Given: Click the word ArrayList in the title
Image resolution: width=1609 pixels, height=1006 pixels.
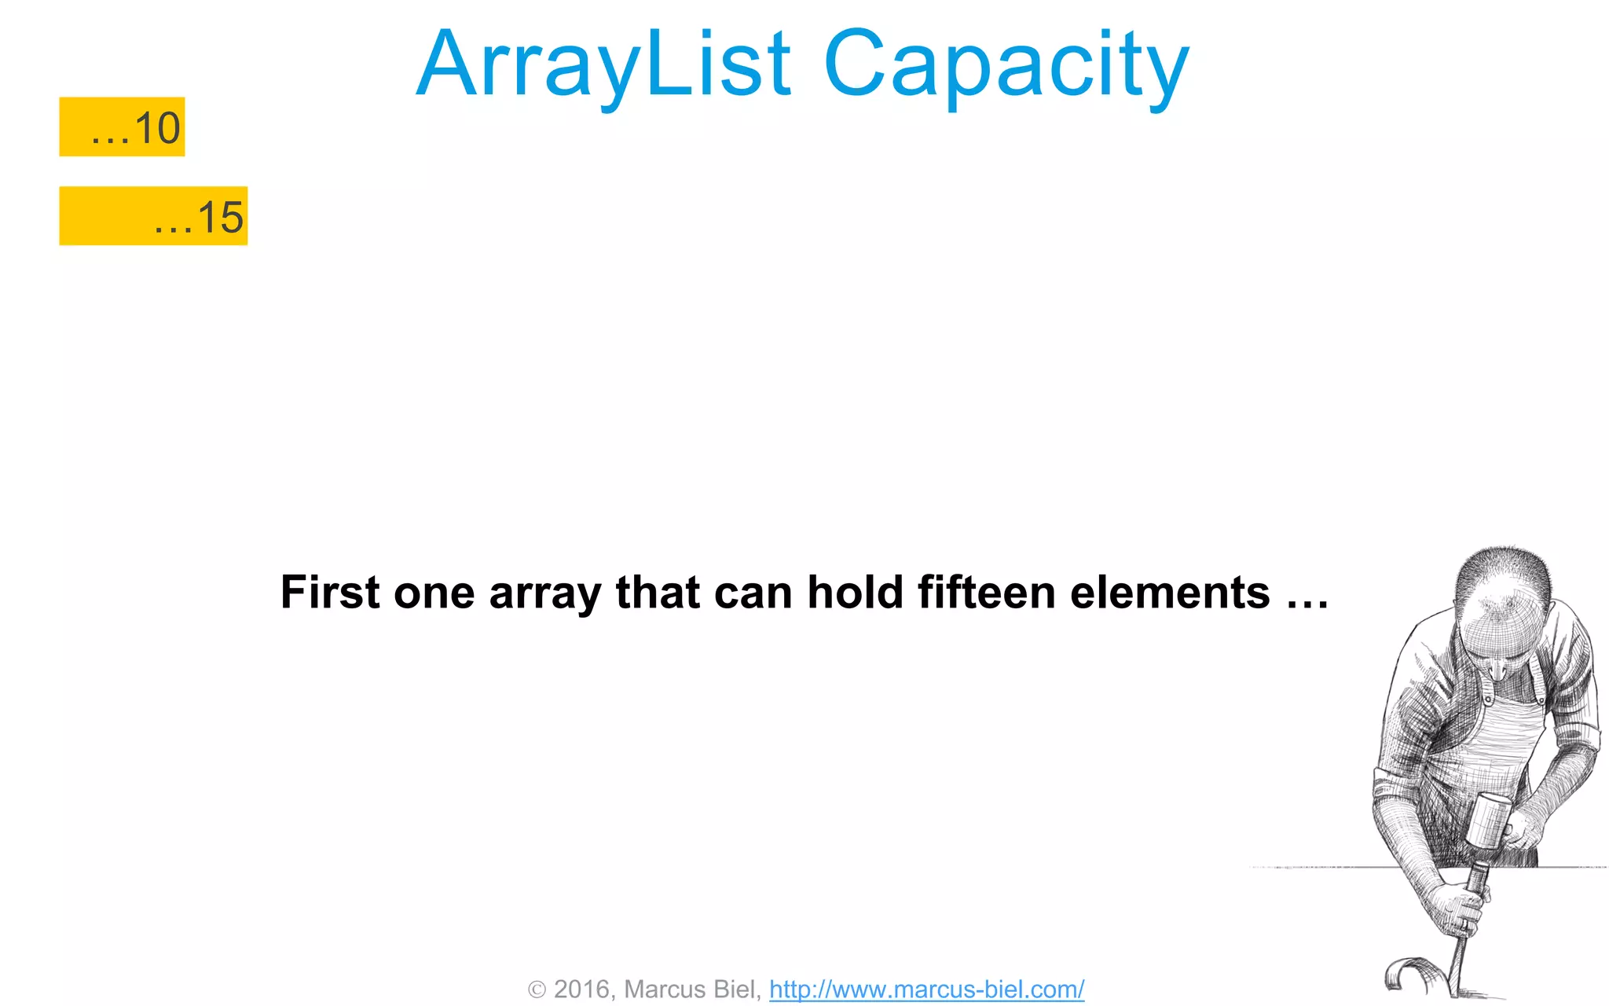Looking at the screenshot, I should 603,64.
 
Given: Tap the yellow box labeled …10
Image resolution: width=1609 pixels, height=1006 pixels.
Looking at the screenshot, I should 122,127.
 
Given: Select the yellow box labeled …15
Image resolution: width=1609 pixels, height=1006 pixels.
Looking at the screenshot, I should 153,216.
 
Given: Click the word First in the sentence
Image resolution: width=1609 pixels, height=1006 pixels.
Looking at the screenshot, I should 330,592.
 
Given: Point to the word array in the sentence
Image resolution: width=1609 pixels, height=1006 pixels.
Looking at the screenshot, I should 544,593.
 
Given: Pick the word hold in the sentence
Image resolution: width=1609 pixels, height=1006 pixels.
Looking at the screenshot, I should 855,592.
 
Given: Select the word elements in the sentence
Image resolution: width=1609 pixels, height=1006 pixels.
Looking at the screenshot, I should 1170,592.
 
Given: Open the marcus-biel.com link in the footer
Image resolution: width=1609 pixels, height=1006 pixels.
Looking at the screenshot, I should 926,989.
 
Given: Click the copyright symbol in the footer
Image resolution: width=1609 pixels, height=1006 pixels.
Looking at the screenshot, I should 537,989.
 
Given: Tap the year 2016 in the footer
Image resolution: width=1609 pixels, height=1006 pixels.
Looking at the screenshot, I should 582,989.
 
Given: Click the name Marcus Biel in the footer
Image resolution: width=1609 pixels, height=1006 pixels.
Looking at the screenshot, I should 689,989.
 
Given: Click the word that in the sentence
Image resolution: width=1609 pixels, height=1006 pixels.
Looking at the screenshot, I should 657,592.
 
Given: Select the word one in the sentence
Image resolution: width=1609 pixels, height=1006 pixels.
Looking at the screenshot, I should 434,593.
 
